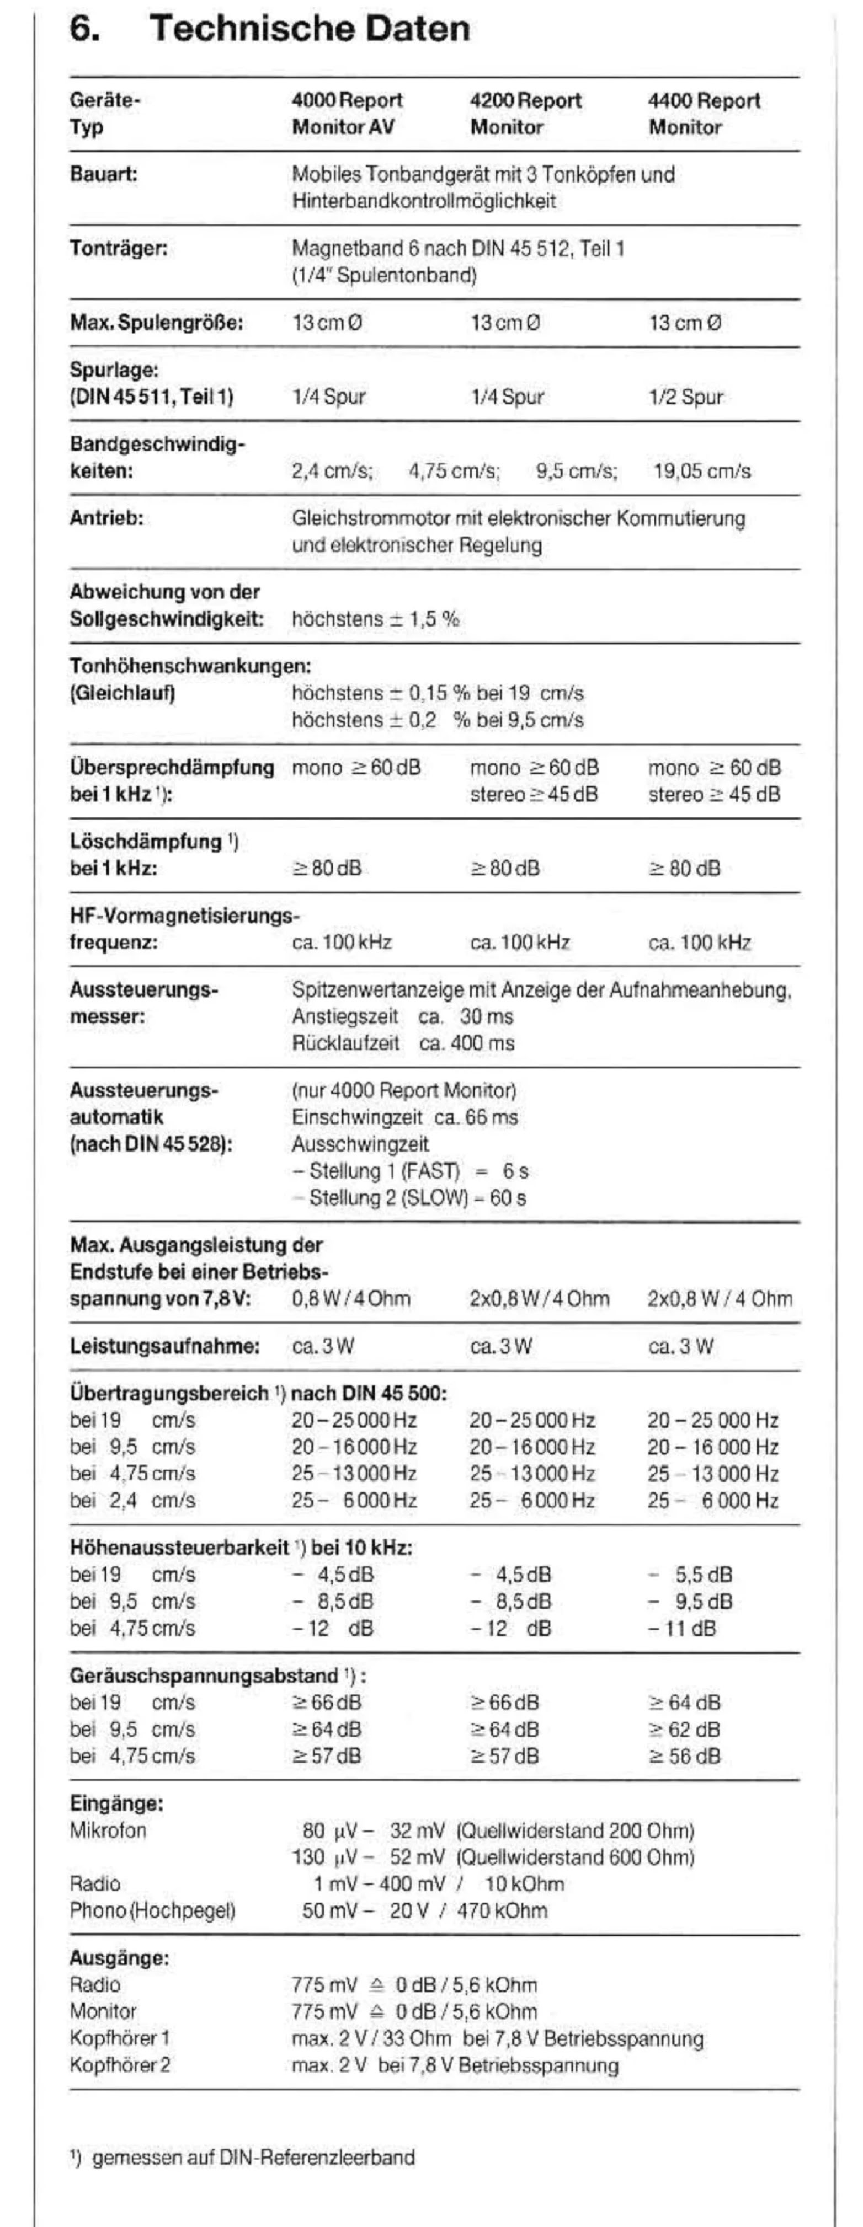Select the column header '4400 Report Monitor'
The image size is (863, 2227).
(704, 114)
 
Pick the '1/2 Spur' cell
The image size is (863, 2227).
(685, 397)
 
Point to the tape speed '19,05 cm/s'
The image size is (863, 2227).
(702, 471)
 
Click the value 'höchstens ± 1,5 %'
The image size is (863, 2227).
(375, 619)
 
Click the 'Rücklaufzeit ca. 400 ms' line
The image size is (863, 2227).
(403, 1043)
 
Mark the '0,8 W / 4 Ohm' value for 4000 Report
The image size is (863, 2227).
(351, 1298)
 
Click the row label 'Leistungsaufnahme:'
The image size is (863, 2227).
(164, 1346)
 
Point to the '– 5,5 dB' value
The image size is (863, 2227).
(691, 1575)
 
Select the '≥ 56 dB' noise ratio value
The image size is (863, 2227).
(684, 1756)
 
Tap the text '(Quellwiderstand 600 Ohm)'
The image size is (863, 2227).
(574, 1857)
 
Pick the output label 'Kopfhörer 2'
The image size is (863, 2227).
(119, 2065)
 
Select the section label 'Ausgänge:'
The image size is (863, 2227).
(119, 1958)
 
